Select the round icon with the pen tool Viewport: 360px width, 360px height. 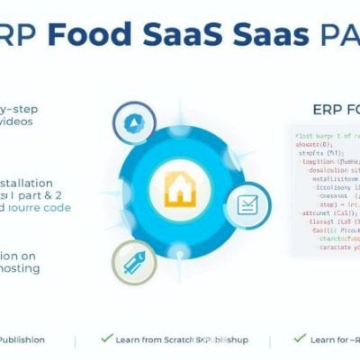point(134,262)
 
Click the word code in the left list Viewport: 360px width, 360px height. point(55,207)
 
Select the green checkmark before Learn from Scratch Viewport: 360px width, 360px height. point(107,338)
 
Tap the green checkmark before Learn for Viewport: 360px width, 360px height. point(301,338)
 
